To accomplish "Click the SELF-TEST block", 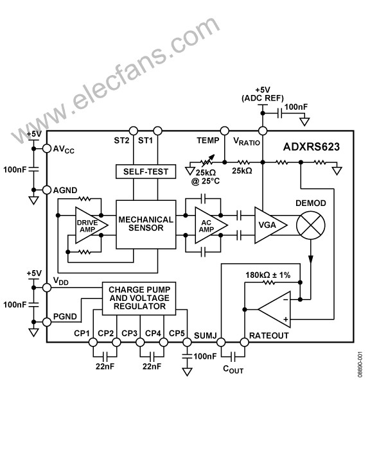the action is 146,171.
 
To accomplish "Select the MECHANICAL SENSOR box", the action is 146,225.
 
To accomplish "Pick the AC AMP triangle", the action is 211,225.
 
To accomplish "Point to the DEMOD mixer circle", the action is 311,225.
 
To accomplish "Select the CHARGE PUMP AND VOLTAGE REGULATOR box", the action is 139,298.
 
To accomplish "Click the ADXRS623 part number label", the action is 312,147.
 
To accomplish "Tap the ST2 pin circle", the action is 134,131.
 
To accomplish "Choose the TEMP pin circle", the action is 225,131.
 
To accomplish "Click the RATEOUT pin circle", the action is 244,343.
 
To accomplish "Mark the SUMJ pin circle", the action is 221,343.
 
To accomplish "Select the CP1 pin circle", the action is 93,343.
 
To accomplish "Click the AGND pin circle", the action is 47,190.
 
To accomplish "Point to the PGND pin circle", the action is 47,322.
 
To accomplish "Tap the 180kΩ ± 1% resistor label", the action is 268,275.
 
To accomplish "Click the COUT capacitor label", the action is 233,369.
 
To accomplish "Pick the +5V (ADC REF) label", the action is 263,94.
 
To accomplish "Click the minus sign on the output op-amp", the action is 286,300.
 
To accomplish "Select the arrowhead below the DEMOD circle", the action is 311,259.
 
